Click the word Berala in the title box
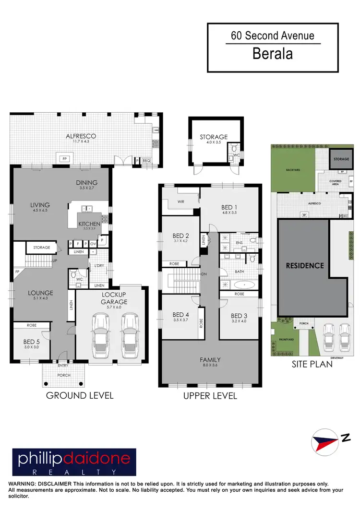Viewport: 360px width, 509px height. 273,54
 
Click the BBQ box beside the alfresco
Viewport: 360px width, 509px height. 146,161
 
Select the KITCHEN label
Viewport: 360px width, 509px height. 89,224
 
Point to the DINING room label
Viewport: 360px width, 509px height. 87,182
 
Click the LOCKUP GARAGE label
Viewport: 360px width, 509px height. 114,298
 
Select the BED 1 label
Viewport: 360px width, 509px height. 229,208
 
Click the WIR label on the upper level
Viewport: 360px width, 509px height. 180,202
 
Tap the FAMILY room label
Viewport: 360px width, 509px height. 210,359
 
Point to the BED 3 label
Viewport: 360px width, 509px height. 239,316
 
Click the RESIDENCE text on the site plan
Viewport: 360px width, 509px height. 305,265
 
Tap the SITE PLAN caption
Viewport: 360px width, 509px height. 312,364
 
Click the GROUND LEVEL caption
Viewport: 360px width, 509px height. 80,396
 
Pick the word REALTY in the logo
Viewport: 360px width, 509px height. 74,473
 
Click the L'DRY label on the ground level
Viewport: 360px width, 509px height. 99,266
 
